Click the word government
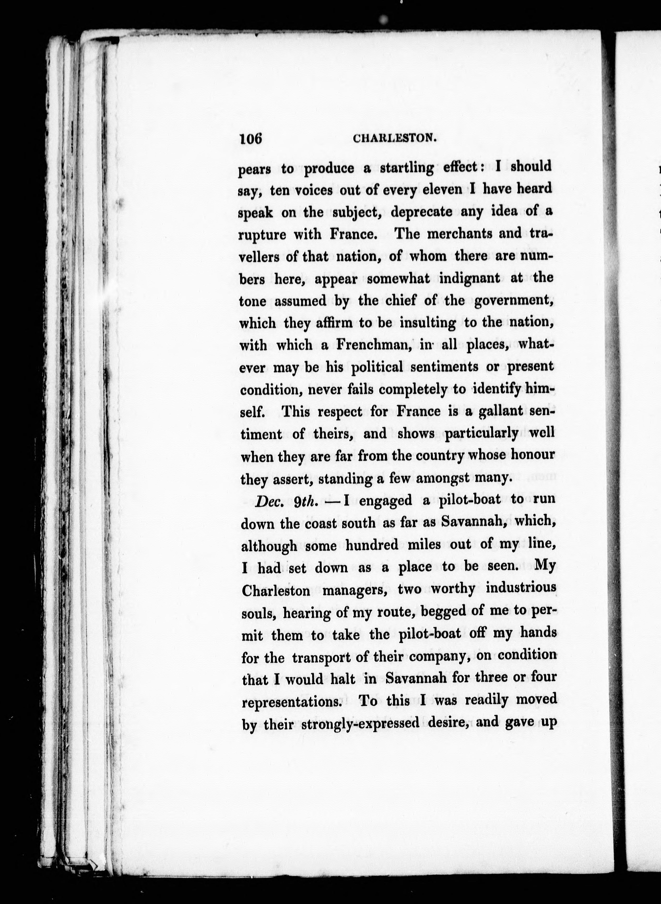(514, 301)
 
